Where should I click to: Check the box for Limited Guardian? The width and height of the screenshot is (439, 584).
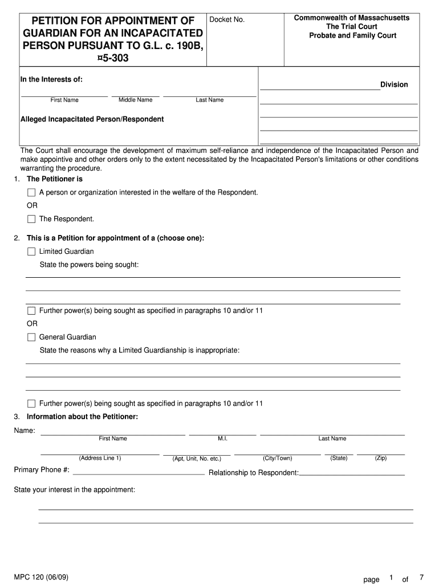click(31, 252)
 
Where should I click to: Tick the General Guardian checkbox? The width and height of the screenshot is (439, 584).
click(31, 337)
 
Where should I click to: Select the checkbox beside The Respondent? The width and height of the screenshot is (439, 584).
click(31, 219)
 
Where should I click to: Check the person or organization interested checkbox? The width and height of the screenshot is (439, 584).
click(31, 192)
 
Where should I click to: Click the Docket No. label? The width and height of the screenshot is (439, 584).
click(227, 20)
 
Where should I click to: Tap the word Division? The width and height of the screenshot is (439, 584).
click(394, 84)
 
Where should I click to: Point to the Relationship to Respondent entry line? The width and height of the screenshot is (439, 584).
click(352, 474)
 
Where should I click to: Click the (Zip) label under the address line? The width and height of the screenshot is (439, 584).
click(380, 458)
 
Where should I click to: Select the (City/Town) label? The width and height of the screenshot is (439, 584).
click(277, 458)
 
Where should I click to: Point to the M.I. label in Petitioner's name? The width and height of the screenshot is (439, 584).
click(222, 439)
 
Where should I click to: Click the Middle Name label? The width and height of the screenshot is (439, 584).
click(135, 100)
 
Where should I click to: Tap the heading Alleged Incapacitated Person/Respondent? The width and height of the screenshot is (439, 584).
click(92, 119)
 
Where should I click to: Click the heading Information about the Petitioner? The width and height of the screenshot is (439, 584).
click(82, 416)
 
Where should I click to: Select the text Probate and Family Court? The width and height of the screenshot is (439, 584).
click(352, 35)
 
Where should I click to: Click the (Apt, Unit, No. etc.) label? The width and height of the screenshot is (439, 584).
click(197, 459)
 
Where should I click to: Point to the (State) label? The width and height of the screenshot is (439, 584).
click(339, 458)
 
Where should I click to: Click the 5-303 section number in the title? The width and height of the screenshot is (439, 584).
click(113, 57)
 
